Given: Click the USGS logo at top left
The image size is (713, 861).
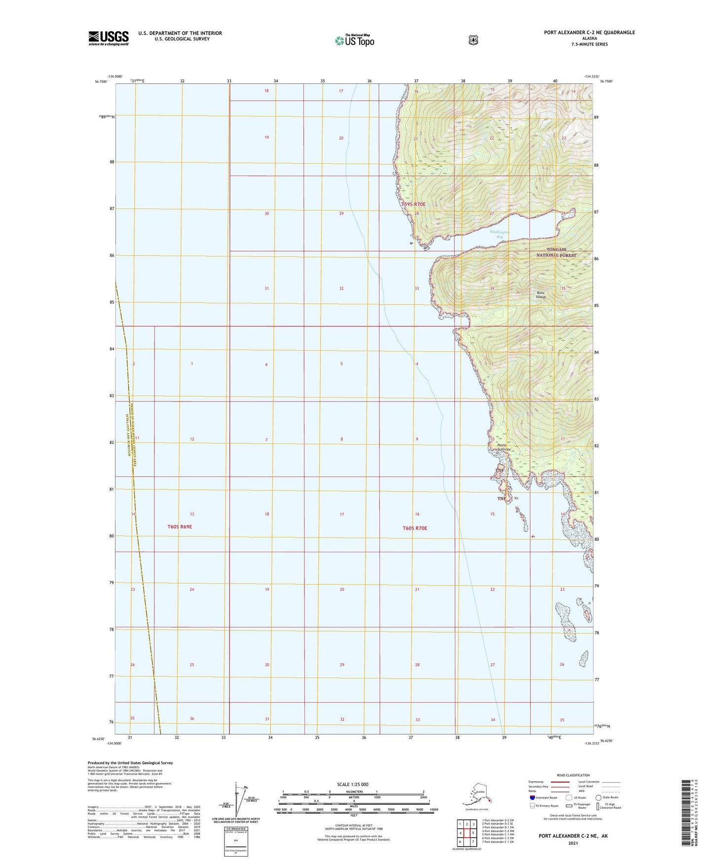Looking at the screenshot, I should (x=109, y=37).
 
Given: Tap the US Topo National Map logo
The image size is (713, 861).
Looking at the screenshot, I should (x=354, y=40).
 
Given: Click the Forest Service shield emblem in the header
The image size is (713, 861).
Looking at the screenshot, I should (x=473, y=40).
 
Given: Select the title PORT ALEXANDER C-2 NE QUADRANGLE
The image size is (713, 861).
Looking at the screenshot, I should (x=589, y=33).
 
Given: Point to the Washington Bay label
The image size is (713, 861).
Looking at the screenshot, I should (x=499, y=234).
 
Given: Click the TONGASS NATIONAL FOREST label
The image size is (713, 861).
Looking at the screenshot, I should (x=556, y=252).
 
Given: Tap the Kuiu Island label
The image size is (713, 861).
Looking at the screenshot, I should (x=541, y=295).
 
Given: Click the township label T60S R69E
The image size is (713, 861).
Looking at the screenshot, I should (x=180, y=527).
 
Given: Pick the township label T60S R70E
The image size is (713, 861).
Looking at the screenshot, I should (x=414, y=528).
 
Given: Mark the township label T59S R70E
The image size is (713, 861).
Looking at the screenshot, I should (x=413, y=204).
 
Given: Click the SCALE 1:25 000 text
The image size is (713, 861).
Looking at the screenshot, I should (x=352, y=784).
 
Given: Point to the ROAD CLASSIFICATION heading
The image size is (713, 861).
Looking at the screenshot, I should (x=573, y=775).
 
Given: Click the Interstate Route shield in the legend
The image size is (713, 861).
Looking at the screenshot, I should (x=532, y=797).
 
